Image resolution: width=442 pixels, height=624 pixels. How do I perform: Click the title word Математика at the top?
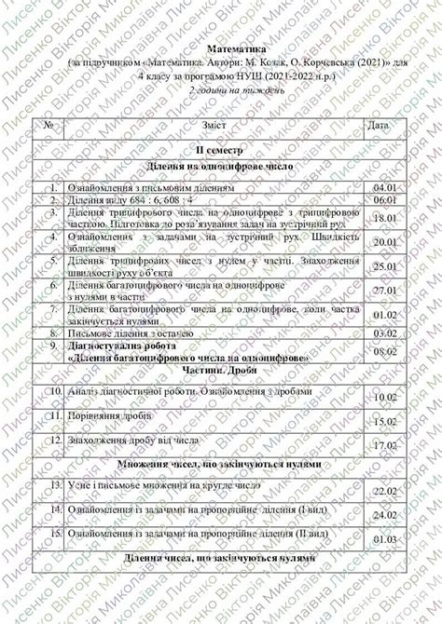tap(235, 44)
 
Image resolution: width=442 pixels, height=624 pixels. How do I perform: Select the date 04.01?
tap(384, 187)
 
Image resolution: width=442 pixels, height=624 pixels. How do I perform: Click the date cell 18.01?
tap(384, 219)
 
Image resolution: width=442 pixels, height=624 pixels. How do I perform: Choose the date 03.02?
tap(384, 332)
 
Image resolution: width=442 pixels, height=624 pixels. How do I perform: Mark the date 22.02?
tap(384, 491)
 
